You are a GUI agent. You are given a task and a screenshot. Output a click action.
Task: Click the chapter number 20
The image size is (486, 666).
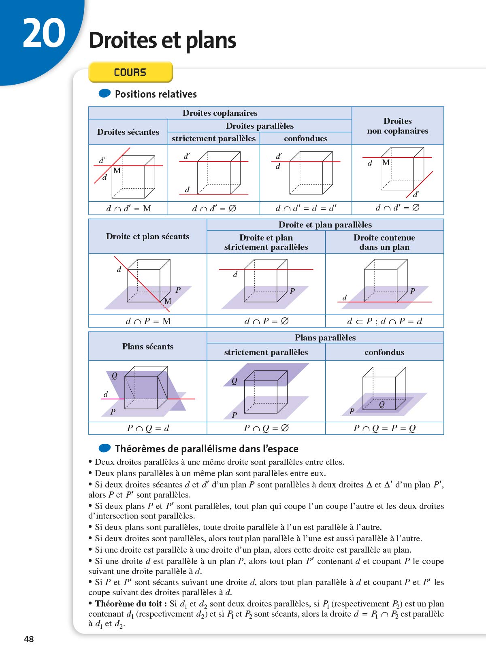coord(44,34)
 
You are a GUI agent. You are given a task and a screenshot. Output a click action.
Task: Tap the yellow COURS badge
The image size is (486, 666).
coord(130,72)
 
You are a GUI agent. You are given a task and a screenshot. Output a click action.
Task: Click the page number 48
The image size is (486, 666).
coord(29,639)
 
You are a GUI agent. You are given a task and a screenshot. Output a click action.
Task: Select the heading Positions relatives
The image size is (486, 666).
coord(156,94)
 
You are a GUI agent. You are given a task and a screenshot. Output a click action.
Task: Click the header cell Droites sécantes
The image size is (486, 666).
coord(128,132)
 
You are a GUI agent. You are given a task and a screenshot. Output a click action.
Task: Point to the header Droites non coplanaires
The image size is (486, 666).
coord(397,126)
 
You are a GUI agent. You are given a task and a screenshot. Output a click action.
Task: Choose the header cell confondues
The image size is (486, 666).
coord(305,138)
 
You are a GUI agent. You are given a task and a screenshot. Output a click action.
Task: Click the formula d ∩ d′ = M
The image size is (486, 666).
coord(128,209)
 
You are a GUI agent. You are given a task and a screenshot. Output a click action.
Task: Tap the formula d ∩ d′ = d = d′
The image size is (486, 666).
coord(305,209)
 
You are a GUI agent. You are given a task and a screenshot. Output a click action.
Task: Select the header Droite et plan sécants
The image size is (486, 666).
coord(147,236)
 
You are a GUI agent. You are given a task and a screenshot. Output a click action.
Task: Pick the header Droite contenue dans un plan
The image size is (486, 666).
coord(384,242)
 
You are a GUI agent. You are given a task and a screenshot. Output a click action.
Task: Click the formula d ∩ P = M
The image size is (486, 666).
coord(148,321)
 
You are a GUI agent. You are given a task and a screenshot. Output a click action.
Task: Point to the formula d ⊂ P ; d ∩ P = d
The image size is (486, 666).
coord(384,321)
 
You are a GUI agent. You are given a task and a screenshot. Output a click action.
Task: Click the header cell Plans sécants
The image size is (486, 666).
coord(147,347)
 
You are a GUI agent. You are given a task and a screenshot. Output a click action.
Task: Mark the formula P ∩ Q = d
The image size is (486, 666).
coord(148,428)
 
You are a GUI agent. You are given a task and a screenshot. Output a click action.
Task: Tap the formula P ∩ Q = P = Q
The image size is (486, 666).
coord(384,428)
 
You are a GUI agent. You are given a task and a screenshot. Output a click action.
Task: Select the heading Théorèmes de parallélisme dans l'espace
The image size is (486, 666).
coord(207,449)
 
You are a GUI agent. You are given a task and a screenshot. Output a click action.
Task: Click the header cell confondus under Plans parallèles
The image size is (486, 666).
coord(384,352)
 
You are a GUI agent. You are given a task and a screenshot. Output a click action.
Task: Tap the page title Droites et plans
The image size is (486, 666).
coord(162,40)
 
